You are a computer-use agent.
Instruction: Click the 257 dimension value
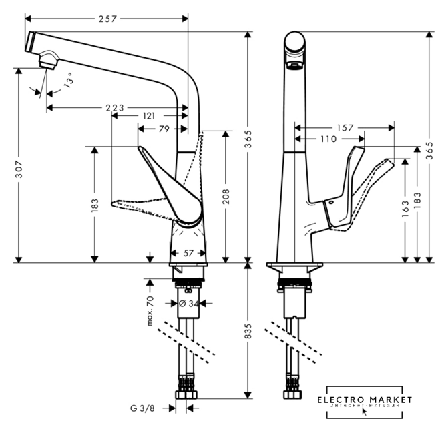[106, 19]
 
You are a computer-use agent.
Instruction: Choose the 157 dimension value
[345, 127]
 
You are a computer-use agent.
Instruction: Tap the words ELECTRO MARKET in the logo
[364, 400]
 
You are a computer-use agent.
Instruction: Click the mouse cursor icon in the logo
[365, 410]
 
